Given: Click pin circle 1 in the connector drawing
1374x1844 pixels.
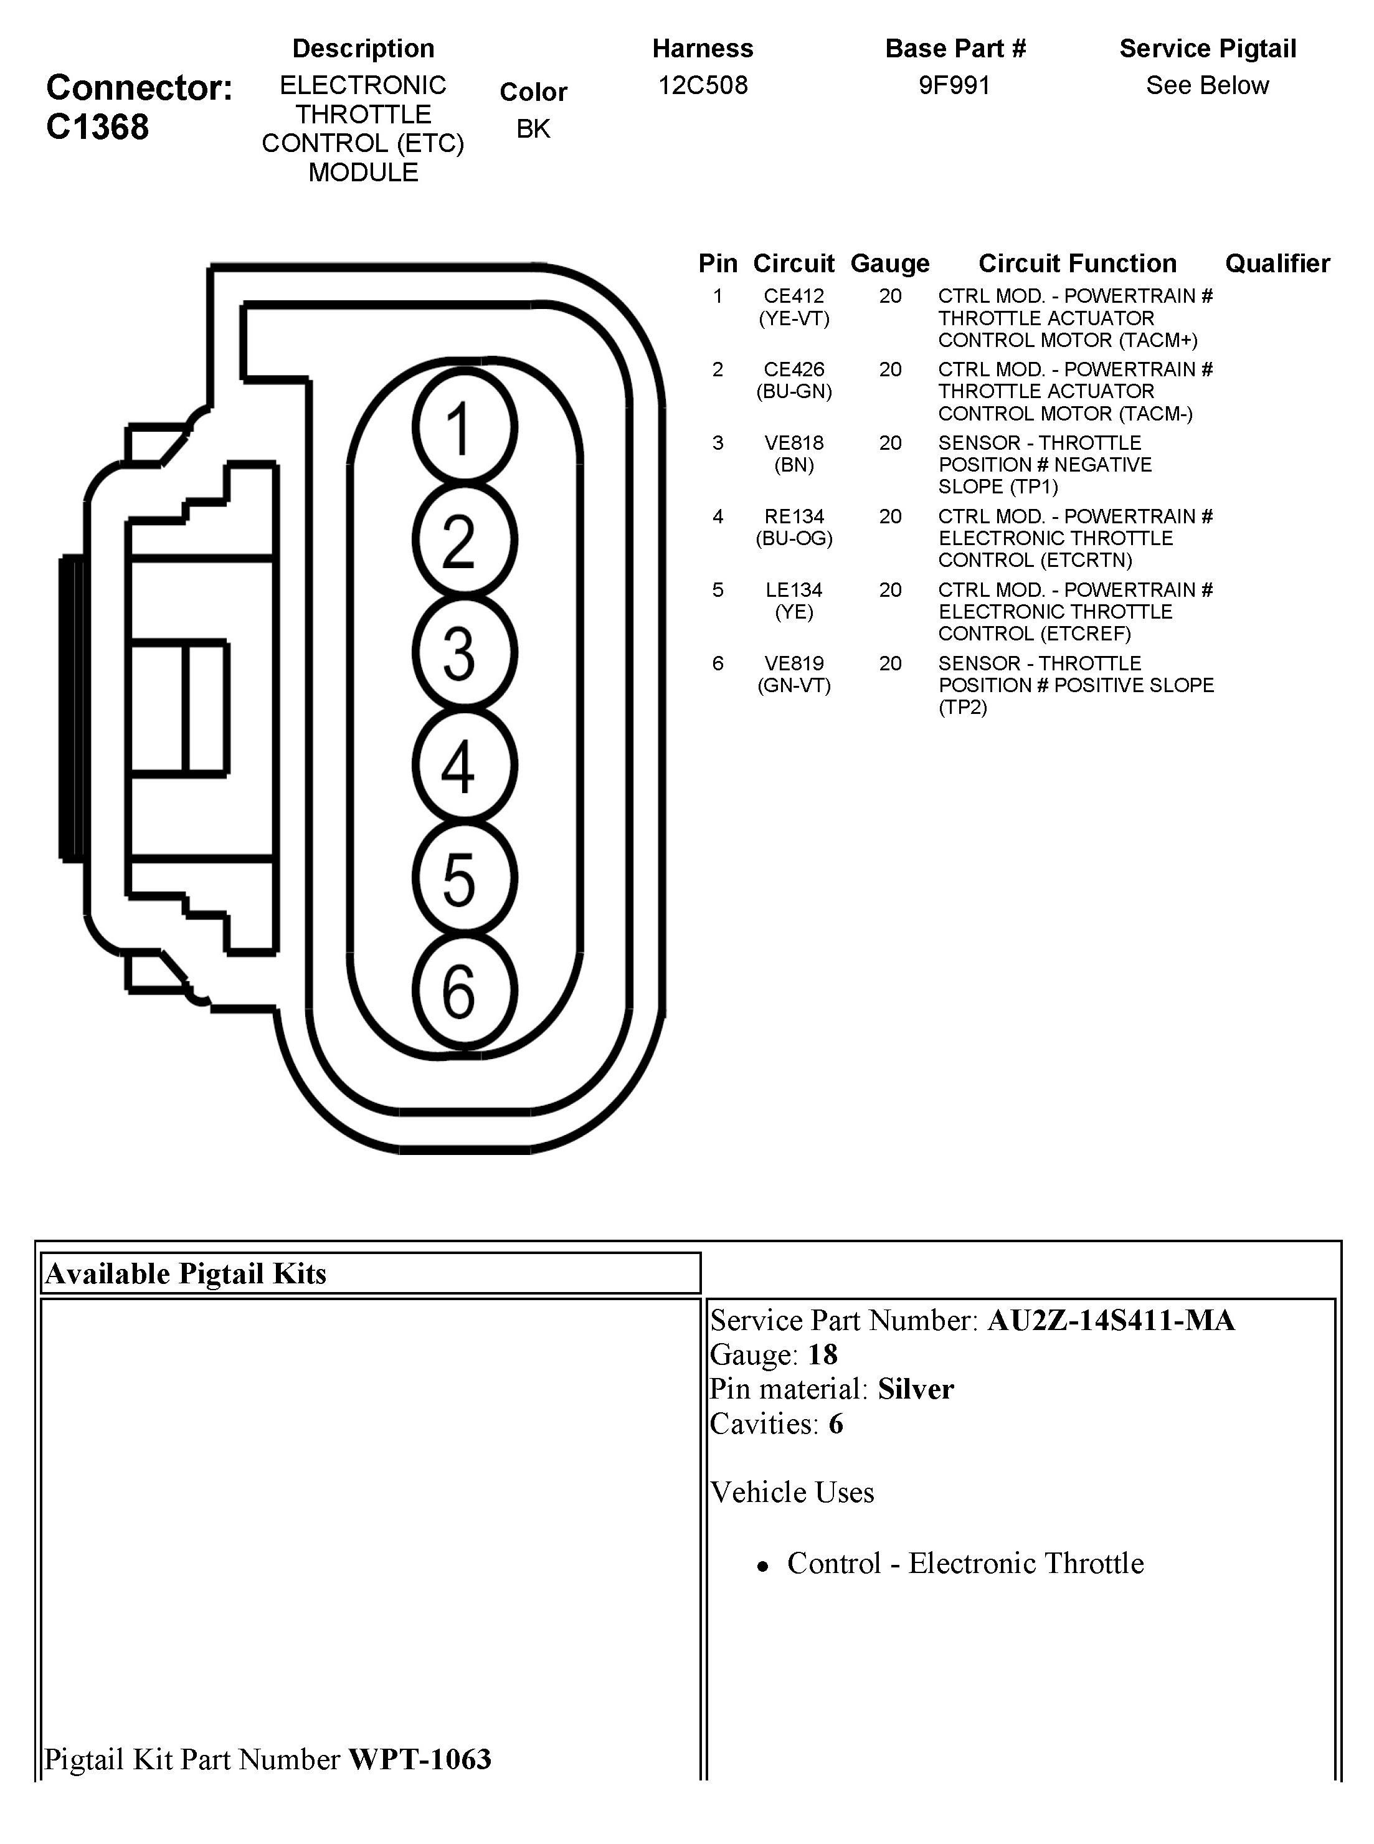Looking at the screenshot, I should pos(464,427).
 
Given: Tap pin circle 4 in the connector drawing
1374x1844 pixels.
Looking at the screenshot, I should pos(464,765).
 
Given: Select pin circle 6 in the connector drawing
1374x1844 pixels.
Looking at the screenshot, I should pos(464,991).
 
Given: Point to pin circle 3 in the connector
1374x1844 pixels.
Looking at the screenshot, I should pos(464,653).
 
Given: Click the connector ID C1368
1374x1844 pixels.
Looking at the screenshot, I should pos(97,127).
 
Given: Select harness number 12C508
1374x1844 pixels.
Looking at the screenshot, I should pos(703,85).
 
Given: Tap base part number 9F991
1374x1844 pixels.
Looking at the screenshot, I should pos(955,85).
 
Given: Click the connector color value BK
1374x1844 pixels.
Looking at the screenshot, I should pos(533,129).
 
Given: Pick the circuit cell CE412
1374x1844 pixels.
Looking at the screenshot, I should pos(794,296).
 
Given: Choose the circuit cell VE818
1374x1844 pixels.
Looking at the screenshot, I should pos(794,444).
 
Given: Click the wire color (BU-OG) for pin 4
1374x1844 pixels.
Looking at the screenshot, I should pos(794,539).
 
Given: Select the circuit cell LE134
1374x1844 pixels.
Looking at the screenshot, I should pos(794,591).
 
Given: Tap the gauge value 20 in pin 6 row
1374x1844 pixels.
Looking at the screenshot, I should pos(890,663).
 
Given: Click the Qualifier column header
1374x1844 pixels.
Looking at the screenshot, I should pos(1277,264).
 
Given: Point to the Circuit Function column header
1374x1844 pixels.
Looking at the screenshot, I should pos(1077,264).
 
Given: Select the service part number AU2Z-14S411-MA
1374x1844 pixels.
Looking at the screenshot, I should pos(1111,1321).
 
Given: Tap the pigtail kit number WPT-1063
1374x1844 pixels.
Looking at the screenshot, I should pos(420,1759).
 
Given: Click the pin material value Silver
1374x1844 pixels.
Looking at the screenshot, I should pos(916,1389).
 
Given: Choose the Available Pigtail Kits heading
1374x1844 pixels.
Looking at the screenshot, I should pos(186,1273).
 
